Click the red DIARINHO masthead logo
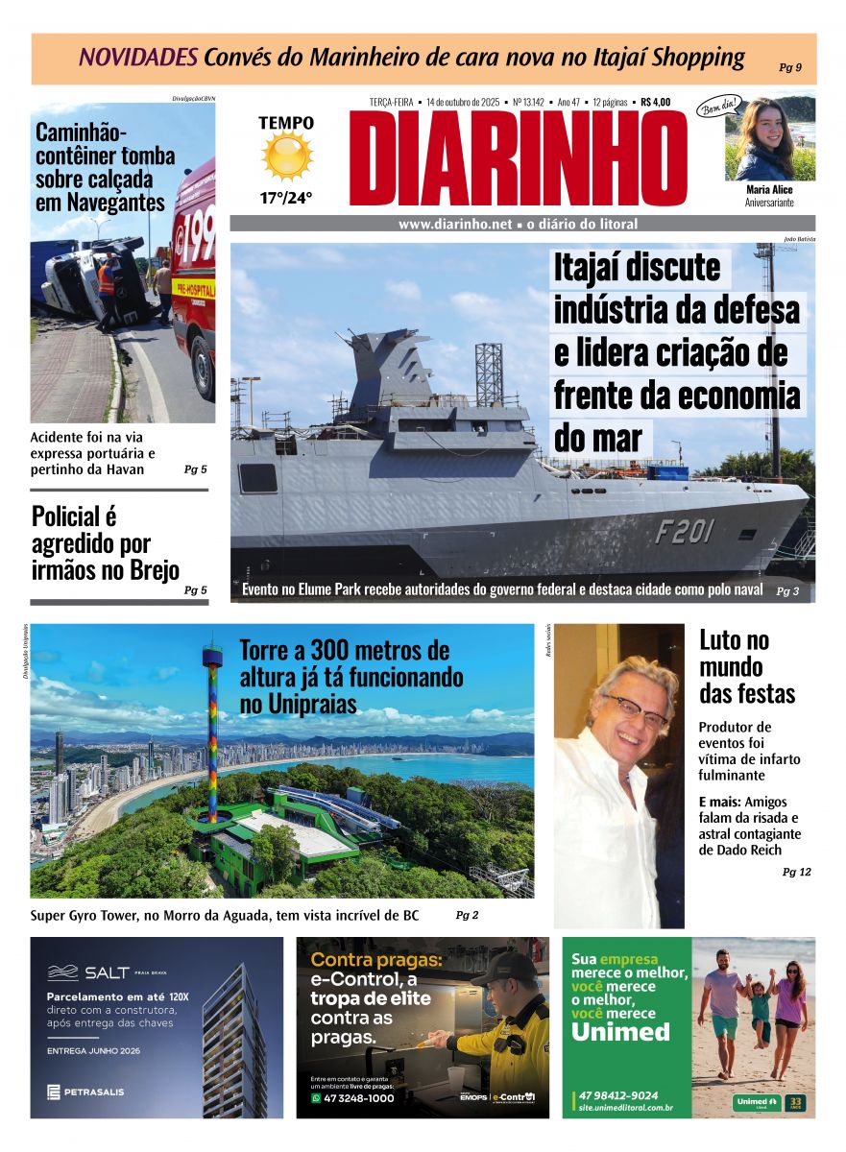click(519, 158)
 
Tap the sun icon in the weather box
click(287, 156)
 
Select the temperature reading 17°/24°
click(286, 199)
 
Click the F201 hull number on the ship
click(685, 532)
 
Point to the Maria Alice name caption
click(769, 190)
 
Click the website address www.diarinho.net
click(454, 225)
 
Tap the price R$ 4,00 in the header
click(655, 102)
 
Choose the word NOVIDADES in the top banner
click(138, 58)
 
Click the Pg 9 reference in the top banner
click(790, 67)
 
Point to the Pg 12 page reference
click(796, 872)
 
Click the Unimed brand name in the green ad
click(620, 1032)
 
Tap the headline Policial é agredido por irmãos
click(106, 543)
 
